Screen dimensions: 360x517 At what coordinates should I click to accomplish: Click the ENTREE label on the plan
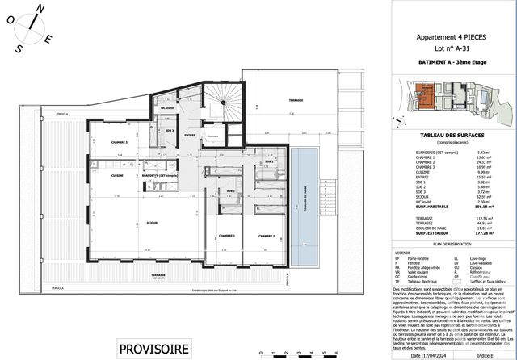point(191,135)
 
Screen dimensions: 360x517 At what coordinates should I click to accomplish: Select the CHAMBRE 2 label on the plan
point(267,236)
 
